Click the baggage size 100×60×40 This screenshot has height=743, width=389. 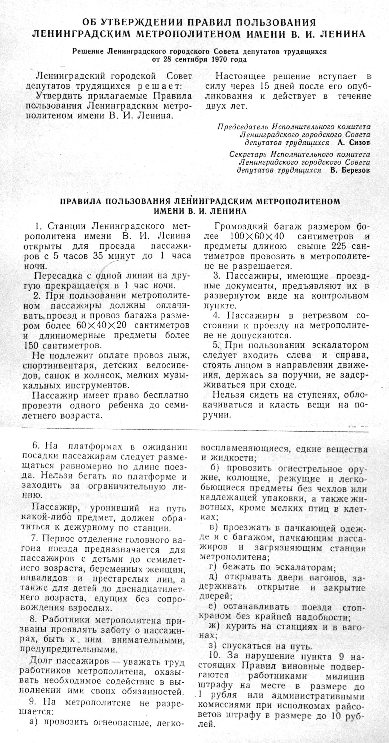click(x=257, y=236)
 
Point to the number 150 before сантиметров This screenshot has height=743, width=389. click(x=31, y=345)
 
